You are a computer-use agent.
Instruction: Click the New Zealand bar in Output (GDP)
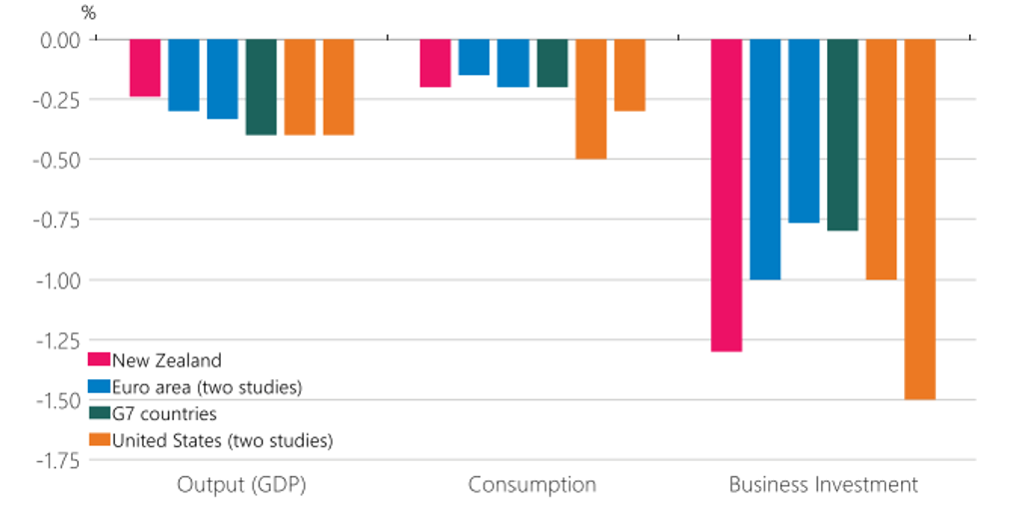coord(145,68)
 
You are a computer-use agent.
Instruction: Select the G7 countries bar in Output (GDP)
coord(261,87)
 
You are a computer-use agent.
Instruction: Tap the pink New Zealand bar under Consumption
coord(435,63)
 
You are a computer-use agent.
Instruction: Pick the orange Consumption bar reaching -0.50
coord(590,99)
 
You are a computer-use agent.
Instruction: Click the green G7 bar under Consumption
coord(551,63)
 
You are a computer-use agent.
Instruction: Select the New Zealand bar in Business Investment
coord(726,195)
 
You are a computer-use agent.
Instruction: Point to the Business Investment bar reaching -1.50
coord(920,219)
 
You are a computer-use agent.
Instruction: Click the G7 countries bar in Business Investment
coord(843,135)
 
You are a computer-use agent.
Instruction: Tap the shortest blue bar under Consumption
coord(474,57)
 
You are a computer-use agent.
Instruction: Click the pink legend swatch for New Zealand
coord(99,360)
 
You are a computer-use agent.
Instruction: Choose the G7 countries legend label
coord(164,413)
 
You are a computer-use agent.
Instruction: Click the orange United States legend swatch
coord(99,440)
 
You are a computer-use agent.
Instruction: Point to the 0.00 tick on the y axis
coord(59,39)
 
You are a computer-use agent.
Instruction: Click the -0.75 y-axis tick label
coord(57,220)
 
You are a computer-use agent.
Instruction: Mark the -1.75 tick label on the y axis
coord(57,460)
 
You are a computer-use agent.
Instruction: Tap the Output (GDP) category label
coord(241,486)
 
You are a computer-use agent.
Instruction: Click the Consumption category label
coord(531,486)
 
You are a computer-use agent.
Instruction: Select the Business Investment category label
coord(823,486)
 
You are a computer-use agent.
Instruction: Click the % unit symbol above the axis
coord(89,15)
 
